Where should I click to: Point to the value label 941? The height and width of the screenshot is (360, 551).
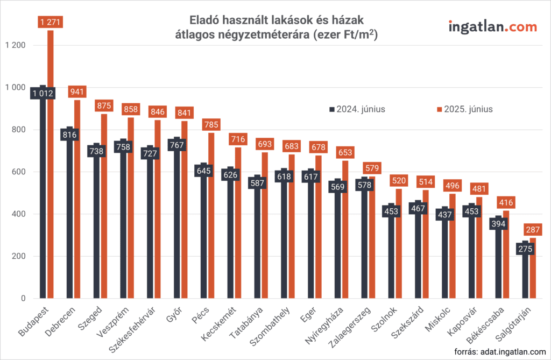click(77, 92)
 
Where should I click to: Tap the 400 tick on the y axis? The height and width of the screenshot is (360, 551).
click(19, 214)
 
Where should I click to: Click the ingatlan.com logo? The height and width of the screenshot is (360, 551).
click(492, 26)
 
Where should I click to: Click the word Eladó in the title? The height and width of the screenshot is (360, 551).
click(206, 20)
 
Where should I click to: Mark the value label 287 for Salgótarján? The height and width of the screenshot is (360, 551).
click(533, 230)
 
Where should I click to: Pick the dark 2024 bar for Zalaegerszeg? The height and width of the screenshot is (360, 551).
click(365, 242)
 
